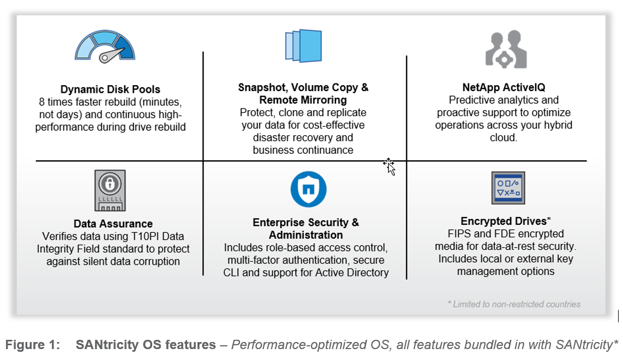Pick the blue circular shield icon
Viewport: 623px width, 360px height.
(x=308, y=189)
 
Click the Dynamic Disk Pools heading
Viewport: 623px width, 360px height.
(x=110, y=89)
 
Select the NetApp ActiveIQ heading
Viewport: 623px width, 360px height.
(x=504, y=87)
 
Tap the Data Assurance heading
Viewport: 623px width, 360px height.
(x=113, y=224)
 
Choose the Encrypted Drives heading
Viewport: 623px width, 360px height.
(x=503, y=221)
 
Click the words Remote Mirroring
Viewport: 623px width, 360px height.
(x=303, y=100)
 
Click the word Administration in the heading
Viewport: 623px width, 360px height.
(x=305, y=235)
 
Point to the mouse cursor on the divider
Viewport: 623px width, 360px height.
(x=390, y=166)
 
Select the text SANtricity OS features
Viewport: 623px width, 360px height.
(x=146, y=345)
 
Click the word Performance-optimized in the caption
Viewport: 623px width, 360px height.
(x=287, y=345)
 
